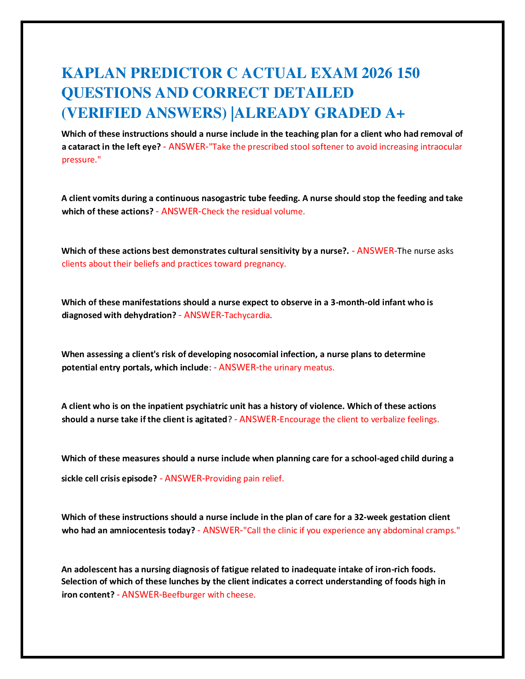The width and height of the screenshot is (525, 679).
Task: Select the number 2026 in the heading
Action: [x=377, y=73]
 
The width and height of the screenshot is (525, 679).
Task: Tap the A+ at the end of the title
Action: [x=395, y=113]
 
